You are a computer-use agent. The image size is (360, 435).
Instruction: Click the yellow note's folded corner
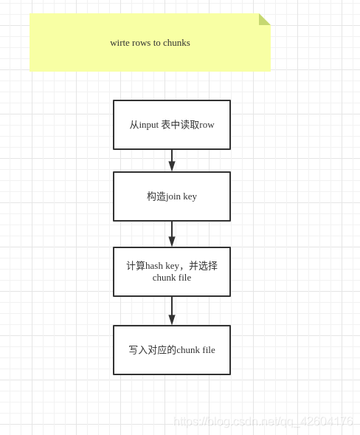point(264,19)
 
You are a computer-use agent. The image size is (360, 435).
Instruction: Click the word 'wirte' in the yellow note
point(121,43)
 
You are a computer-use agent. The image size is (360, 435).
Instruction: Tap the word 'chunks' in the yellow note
point(176,43)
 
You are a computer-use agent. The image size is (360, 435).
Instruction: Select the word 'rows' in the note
point(145,43)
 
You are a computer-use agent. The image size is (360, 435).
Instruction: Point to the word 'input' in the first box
point(149,125)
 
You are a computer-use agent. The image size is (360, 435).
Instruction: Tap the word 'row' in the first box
point(207,125)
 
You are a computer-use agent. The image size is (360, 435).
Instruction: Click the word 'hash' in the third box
point(153,266)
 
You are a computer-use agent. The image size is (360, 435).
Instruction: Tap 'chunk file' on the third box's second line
point(172,278)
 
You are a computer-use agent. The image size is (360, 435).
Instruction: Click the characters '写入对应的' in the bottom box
point(153,350)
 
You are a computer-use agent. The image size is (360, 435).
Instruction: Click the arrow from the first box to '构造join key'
point(172,161)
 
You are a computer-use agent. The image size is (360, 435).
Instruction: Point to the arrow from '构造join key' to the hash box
point(172,235)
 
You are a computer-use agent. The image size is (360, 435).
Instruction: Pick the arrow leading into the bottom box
point(172,312)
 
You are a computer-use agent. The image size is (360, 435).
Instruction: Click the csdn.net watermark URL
point(263,422)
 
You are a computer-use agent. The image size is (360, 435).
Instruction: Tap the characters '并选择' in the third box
point(203,266)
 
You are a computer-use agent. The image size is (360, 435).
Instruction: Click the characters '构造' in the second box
point(156,196)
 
